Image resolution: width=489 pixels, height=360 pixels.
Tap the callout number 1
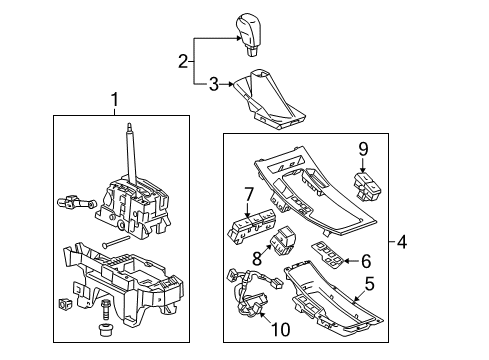(x=115, y=100)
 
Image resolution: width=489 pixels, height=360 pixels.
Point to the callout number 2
(x=183, y=61)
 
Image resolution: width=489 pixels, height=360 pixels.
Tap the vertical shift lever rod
(x=132, y=150)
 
